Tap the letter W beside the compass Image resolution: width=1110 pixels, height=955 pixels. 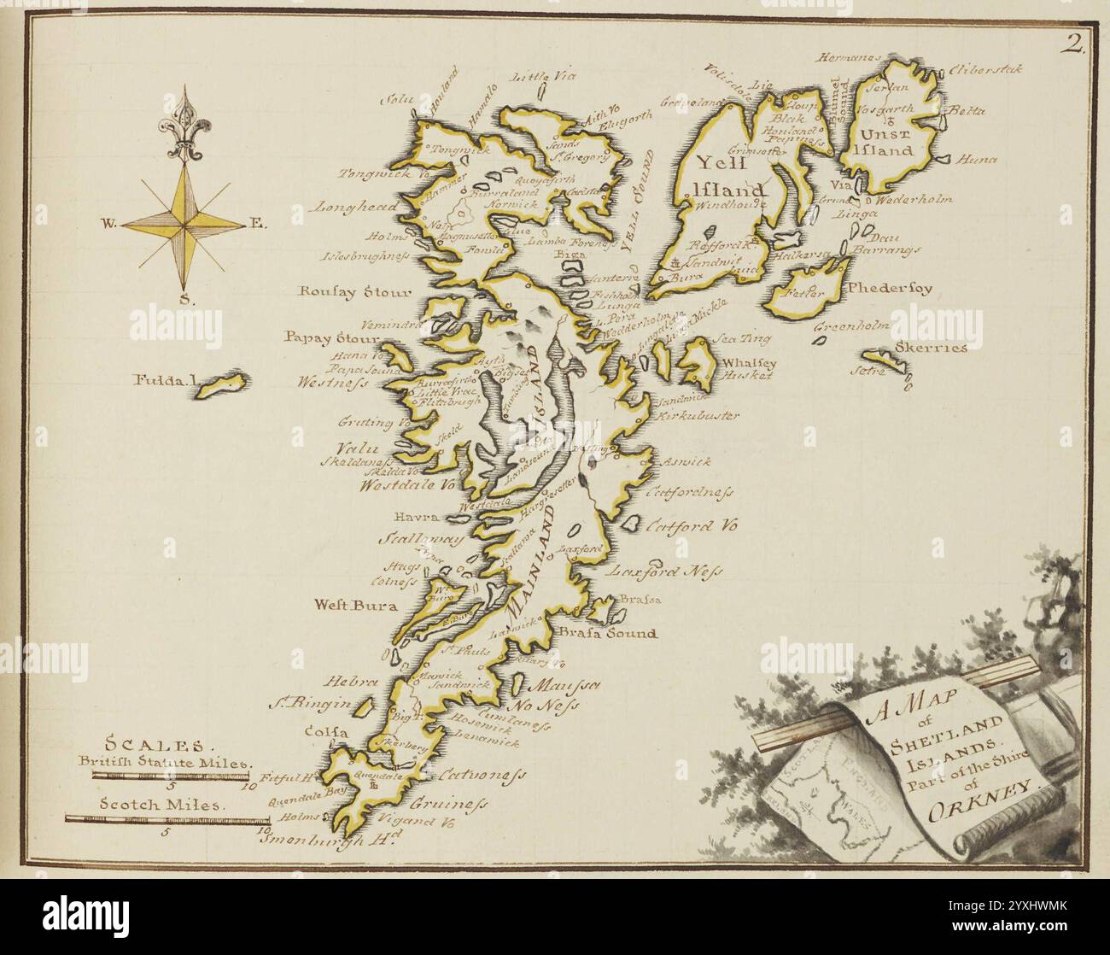[109, 225]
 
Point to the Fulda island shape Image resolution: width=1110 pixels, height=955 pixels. [219, 384]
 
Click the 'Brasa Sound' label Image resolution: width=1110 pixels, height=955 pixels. [609, 633]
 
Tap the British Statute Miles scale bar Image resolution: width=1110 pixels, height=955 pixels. [171, 776]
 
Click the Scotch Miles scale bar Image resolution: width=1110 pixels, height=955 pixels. [166, 818]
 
